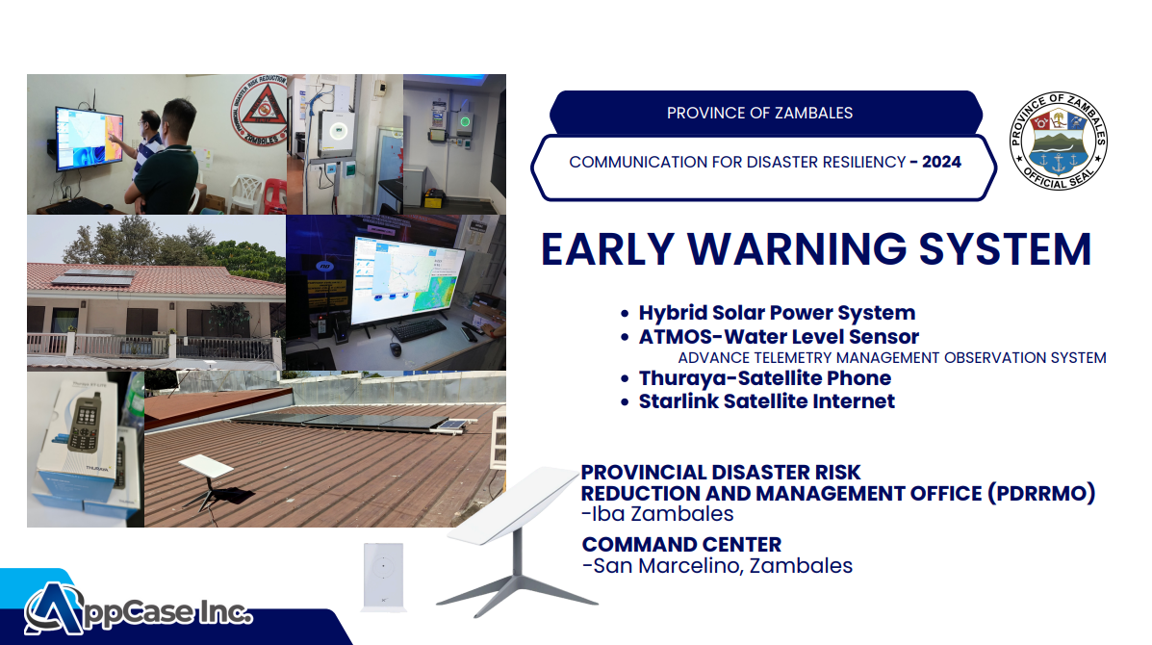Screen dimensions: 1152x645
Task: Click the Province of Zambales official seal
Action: pos(1058,142)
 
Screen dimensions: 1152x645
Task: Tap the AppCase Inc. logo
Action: pos(139,608)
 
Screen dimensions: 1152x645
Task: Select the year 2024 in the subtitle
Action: pos(942,162)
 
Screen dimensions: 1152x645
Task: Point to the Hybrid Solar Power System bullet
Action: pos(777,312)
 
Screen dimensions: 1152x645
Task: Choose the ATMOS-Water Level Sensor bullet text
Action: pos(779,336)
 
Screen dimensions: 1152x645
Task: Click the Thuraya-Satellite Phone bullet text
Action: pos(765,377)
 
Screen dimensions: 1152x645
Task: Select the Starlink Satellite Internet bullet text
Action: pos(767,401)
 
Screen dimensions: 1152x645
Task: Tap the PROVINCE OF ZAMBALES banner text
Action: pos(759,114)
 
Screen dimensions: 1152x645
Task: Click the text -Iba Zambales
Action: pos(657,513)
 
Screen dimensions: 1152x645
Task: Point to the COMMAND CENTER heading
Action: pos(681,544)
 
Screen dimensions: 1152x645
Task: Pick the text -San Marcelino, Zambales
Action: pos(717,566)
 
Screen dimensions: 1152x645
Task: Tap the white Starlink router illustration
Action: pos(383,576)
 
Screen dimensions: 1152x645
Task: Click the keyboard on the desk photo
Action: pos(418,330)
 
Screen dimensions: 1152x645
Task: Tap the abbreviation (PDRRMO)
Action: pos(1041,493)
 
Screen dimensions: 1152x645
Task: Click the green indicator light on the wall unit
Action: pos(465,122)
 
